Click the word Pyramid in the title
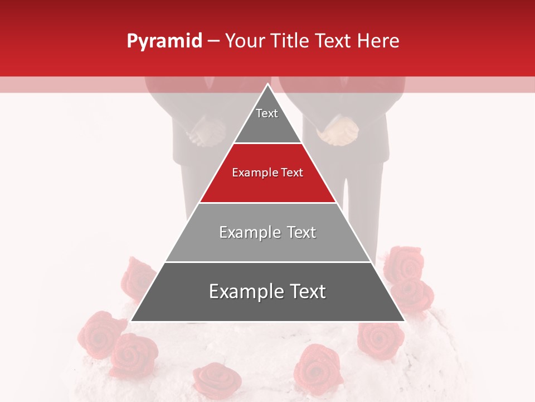pyautogui.click(x=164, y=41)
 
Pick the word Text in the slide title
pyautogui.click(x=334, y=41)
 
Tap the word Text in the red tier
pyautogui.click(x=293, y=173)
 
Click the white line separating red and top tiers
pyautogui.click(x=267, y=143)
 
